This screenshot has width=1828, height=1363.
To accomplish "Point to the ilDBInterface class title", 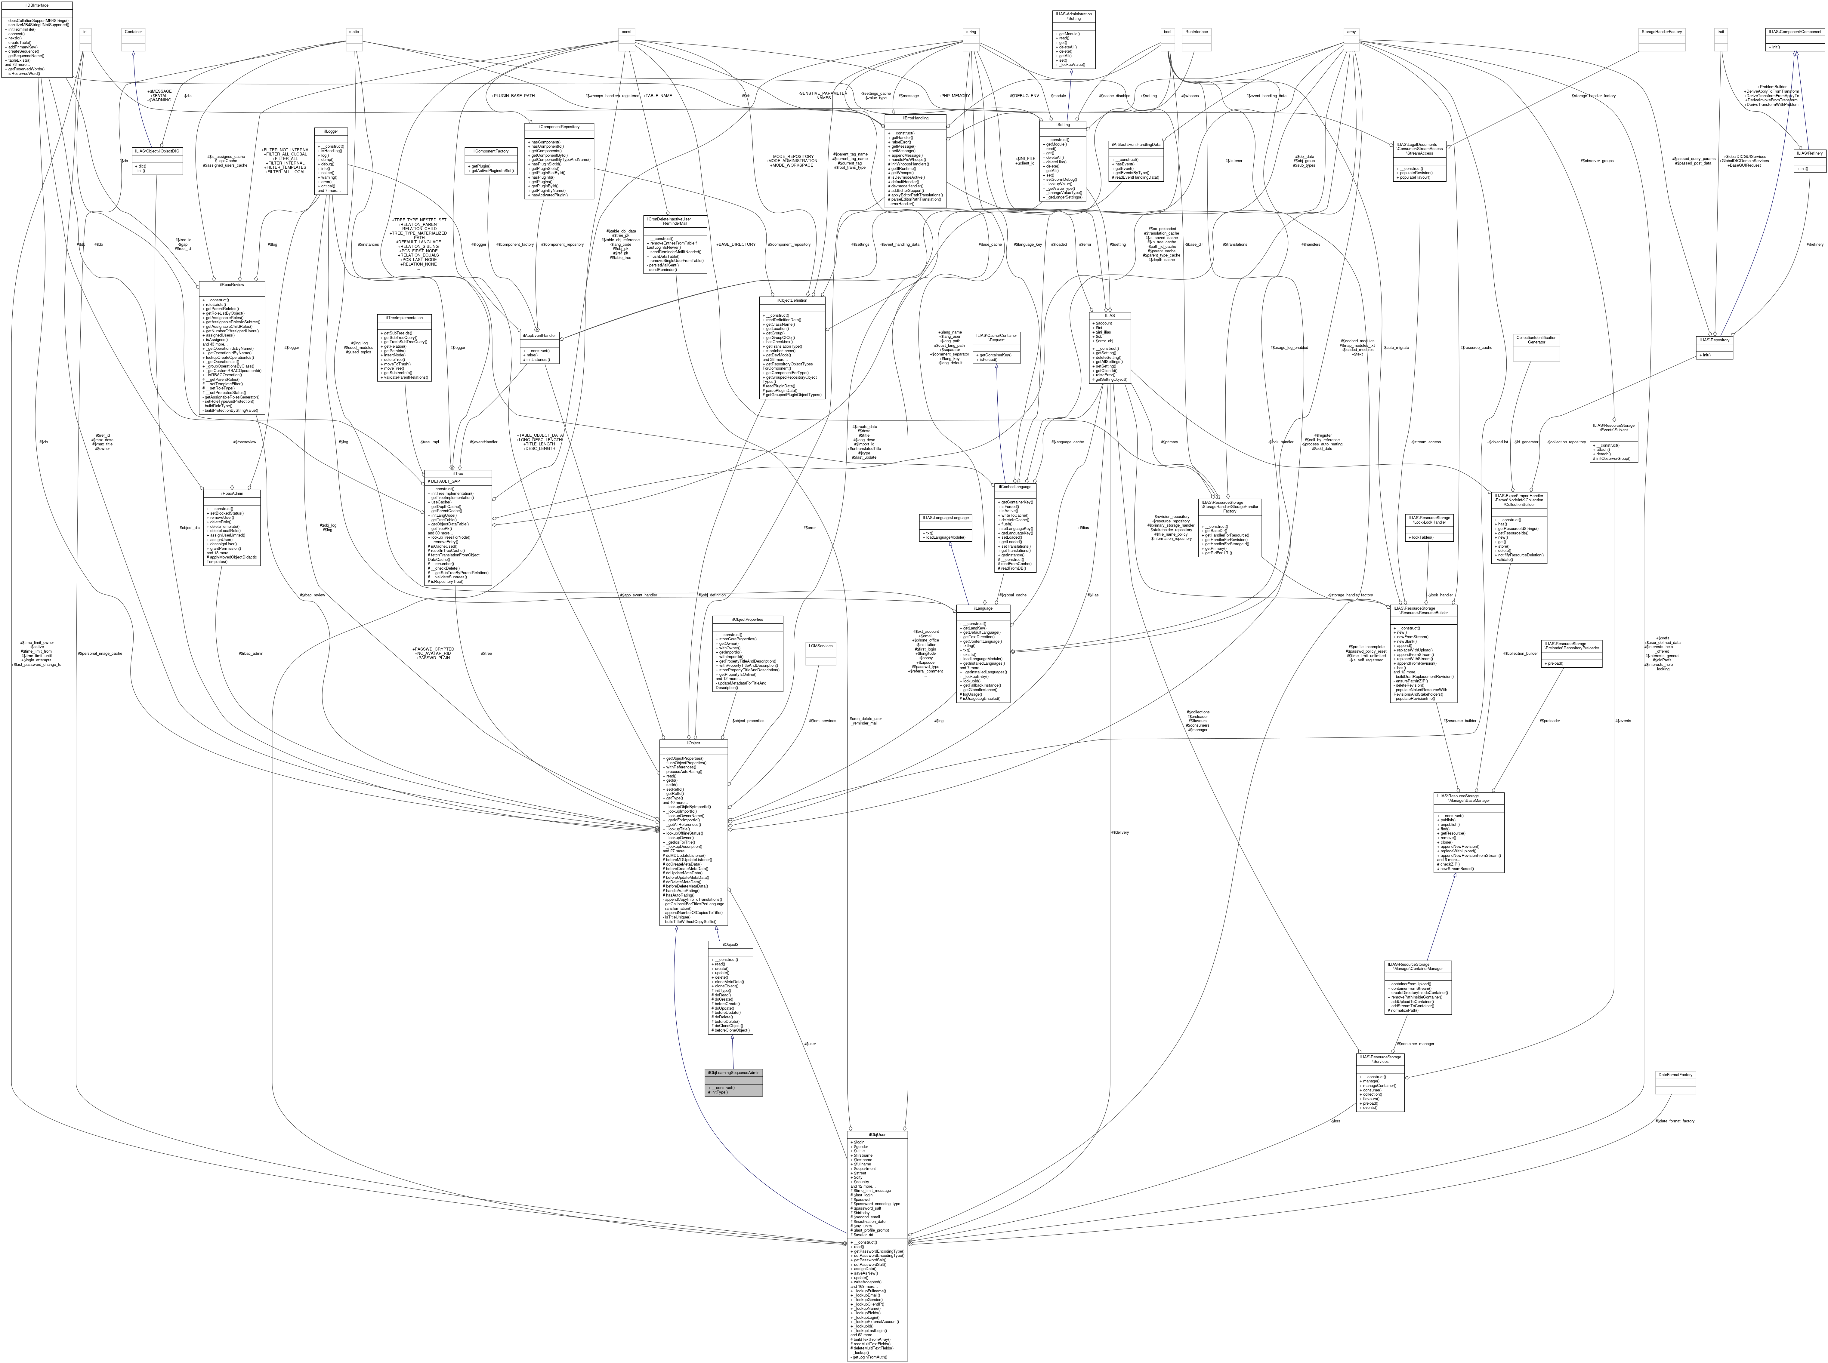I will tap(37, 5).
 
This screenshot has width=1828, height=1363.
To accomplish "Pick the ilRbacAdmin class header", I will tap(231, 494).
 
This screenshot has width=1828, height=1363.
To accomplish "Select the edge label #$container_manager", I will tap(1415, 1044).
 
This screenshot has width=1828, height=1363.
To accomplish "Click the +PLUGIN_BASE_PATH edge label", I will tap(512, 96).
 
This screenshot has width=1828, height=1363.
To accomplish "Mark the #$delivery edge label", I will tap(1120, 832).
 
